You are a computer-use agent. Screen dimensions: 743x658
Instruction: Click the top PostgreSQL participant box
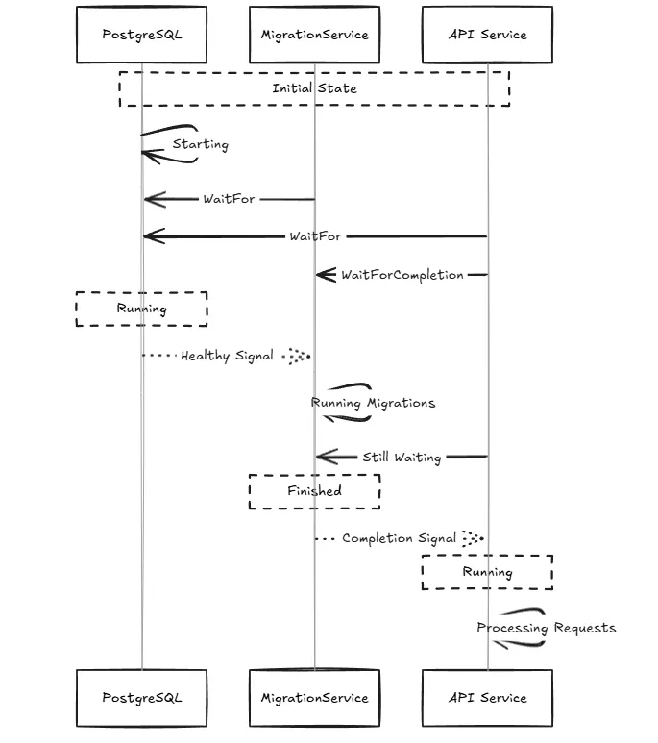tap(141, 35)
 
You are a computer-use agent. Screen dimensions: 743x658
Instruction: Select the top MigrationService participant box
tap(314, 35)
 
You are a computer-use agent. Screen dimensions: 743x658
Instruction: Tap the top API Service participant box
tap(487, 35)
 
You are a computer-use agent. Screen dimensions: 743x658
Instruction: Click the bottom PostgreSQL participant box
tap(141, 698)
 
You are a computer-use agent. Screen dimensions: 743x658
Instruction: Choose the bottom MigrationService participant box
tap(314, 698)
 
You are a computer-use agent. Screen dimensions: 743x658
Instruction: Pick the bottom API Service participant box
tap(487, 698)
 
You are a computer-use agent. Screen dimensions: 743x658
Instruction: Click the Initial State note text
tap(314, 88)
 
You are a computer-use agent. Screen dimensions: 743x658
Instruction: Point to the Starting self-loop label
tap(201, 144)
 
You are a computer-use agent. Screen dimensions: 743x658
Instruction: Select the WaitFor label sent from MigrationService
tap(229, 199)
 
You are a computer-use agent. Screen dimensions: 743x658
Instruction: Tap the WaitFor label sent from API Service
tap(316, 235)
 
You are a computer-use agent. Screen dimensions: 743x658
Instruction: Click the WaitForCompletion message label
tap(402, 275)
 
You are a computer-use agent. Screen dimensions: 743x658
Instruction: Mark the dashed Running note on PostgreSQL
tap(141, 309)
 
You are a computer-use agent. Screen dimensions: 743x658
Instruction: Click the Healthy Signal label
tap(228, 356)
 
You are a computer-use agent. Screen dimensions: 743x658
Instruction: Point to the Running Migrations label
tap(373, 403)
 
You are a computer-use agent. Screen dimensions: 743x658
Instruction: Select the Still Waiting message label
tap(402, 458)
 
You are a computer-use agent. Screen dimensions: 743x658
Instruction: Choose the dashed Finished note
tap(314, 491)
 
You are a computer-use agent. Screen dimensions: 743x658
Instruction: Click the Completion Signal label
tap(399, 538)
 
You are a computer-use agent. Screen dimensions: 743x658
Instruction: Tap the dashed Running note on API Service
tap(487, 572)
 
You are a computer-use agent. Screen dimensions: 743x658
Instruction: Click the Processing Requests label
tap(546, 628)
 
